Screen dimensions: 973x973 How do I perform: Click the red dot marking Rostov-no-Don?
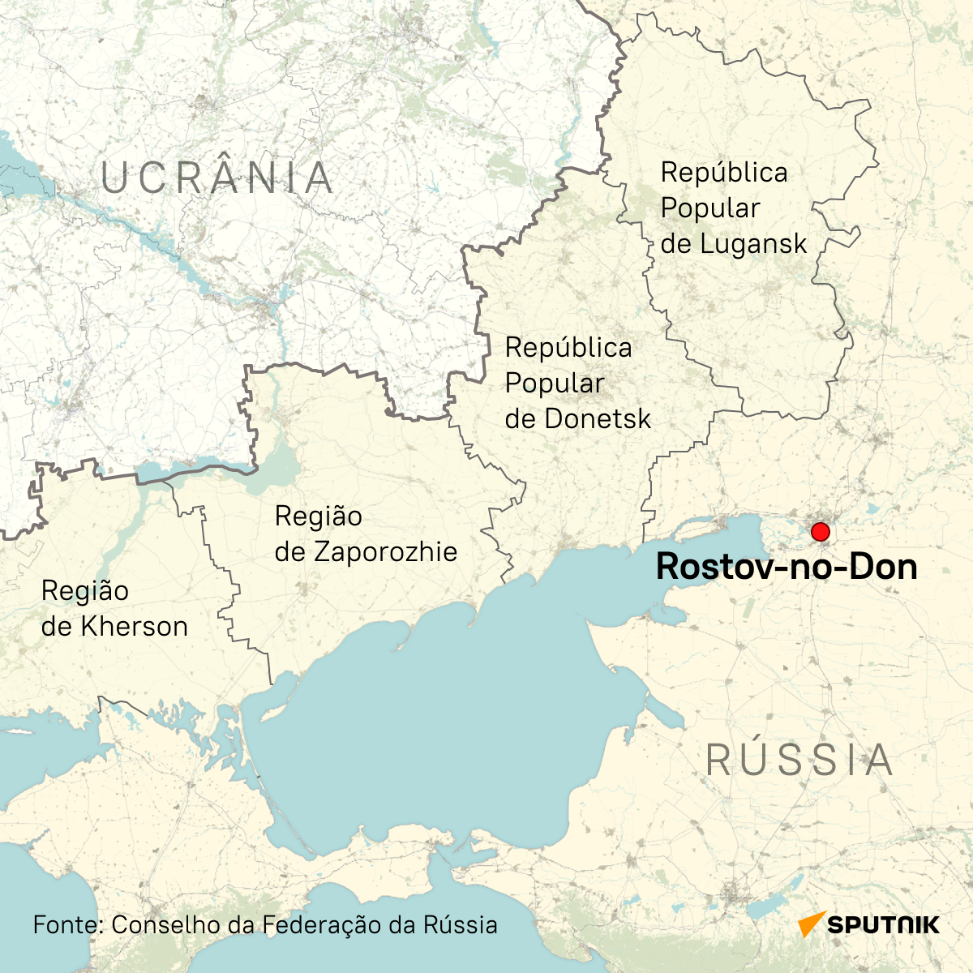point(820,532)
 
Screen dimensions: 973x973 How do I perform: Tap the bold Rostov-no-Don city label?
point(786,567)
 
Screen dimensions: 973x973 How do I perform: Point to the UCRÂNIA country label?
point(217,178)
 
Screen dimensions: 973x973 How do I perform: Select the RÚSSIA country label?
point(799,761)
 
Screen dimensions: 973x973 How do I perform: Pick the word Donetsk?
point(598,419)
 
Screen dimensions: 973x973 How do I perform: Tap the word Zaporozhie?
point(386,552)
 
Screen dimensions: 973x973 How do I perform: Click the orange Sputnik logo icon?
point(811,924)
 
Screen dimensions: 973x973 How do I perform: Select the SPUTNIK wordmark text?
point(884,925)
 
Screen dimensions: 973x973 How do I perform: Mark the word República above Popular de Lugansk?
point(724,173)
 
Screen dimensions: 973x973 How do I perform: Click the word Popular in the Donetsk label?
point(555,384)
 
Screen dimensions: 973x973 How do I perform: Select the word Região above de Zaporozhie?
point(319,517)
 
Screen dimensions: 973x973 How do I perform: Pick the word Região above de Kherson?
point(85,591)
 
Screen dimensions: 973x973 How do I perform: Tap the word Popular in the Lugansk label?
point(710,208)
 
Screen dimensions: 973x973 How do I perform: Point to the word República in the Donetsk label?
point(568,348)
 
